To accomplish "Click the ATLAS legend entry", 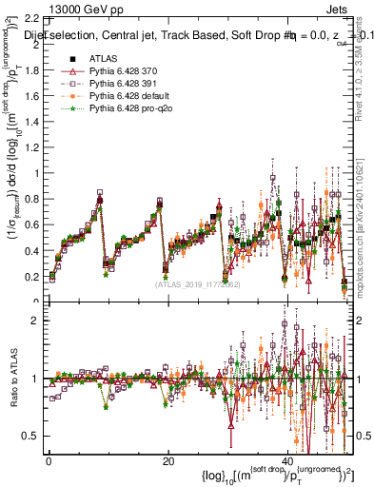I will point(104,59).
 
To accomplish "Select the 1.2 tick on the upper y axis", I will point(33,147).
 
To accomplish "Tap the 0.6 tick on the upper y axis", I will point(33,224).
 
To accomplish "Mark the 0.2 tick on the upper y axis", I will point(33,276).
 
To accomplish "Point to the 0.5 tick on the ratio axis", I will point(33,436).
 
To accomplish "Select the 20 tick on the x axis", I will point(167,460).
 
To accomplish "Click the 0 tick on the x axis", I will point(49,460).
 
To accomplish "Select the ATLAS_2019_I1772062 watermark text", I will point(196,282).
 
